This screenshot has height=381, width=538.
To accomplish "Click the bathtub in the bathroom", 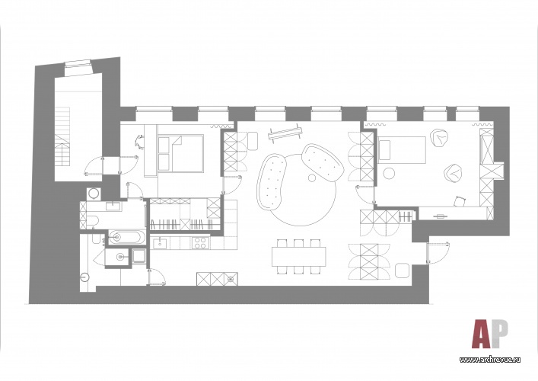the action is tap(125, 237).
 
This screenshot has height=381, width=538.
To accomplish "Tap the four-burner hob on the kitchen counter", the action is tap(200, 244).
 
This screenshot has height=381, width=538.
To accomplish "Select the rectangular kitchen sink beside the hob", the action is tap(160, 244).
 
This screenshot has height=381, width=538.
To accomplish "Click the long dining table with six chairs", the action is tap(298, 257).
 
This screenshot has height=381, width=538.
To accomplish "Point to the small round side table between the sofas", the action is tap(311, 178).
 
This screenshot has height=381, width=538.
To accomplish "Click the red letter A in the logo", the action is tap(481, 334).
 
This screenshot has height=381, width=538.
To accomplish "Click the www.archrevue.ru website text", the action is tap(490, 360).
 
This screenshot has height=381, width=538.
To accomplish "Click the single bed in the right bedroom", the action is tap(402, 150).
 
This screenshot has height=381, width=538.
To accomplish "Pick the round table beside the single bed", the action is tap(390, 173).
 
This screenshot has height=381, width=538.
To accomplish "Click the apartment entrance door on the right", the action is tap(438, 253).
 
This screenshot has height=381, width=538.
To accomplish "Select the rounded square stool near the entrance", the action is tap(402, 271).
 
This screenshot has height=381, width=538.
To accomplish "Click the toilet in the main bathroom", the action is tap(91, 220).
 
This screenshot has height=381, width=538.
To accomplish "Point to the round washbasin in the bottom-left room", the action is tap(84, 276).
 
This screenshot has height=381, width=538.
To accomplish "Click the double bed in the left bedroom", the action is tap(181, 153).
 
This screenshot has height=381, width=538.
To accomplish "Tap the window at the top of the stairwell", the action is tap(79, 67).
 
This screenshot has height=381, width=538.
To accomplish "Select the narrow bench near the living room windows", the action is tap(285, 133).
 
